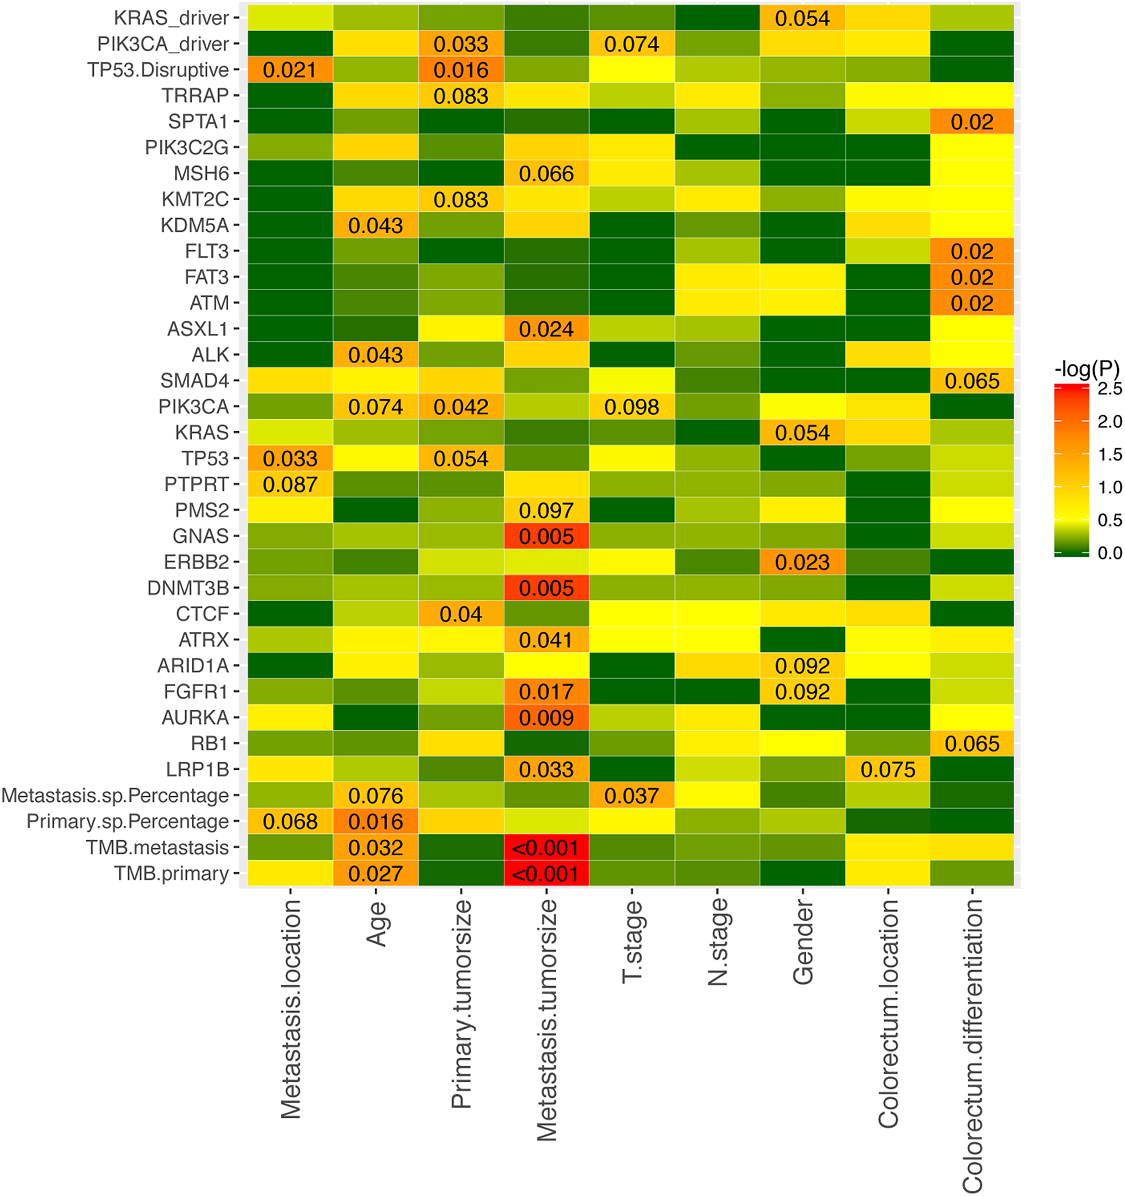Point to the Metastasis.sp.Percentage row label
coord(115,795)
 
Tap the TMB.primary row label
coord(171,873)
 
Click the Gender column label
coord(802,942)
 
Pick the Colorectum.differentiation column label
coord(972,1046)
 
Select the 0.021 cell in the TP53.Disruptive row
coord(290,70)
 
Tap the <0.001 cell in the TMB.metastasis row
coord(546,848)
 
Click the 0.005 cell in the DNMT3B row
coord(546,588)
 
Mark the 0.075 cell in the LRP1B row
coord(887,770)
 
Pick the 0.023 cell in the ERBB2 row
coord(802,562)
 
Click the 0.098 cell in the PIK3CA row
coord(631,407)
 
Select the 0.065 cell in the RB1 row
coord(972,744)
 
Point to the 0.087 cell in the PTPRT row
coord(290,484)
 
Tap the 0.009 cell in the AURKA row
coord(546,718)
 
